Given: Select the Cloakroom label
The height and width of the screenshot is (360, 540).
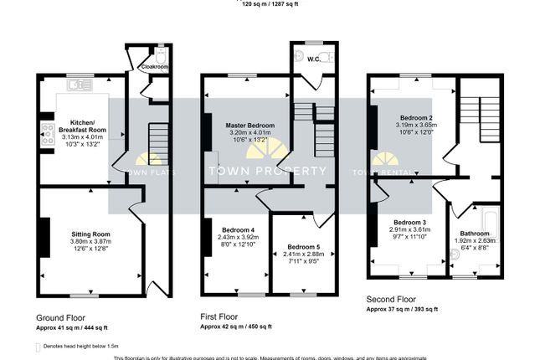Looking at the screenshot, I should coord(154,66).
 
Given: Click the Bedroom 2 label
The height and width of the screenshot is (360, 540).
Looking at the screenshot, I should coord(415,118).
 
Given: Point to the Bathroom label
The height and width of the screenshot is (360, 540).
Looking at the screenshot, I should coord(474,234).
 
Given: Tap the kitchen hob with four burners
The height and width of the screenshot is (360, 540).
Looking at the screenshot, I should coord(46,131).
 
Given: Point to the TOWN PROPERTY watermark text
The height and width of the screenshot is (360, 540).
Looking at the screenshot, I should coord(267,171).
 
